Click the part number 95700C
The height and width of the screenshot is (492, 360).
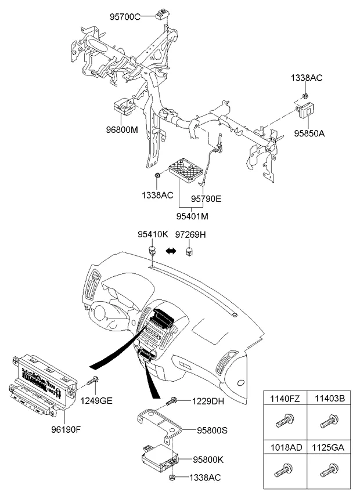pyautogui.click(x=125, y=16)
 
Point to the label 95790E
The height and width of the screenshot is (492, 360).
pyautogui.click(x=206, y=198)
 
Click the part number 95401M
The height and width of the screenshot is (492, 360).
pyautogui.click(x=192, y=216)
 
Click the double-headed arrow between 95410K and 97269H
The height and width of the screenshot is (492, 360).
pyautogui.click(x=171, y=251)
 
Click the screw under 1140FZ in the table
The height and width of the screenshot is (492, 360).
pyautogui.click(x=285, y=418)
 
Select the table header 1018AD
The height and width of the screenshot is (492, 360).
pyautogui.click(x=285, y=447)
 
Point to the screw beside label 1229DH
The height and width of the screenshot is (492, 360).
pyautogui.click(x=171, y=400)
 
